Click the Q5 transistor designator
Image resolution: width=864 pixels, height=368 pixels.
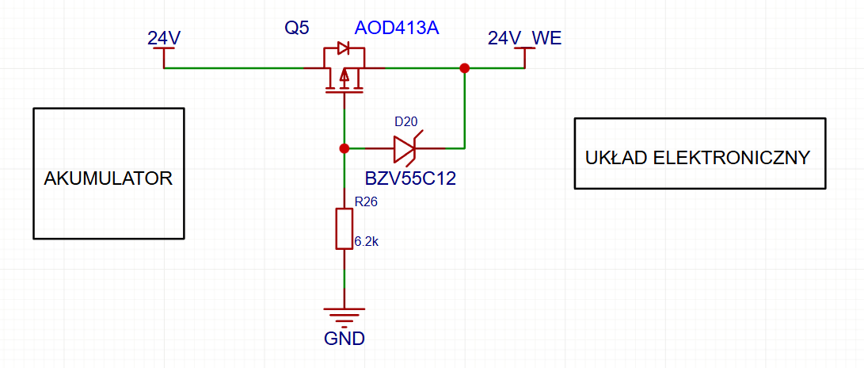point(296,29)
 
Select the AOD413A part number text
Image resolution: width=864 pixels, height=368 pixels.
point(396,28)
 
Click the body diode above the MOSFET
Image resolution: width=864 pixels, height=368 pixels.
point(343,48)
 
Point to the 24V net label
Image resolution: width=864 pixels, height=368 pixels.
point(164,38)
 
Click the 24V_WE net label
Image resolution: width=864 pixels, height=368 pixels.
point(524,38)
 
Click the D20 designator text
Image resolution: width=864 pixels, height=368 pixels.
point(405,121)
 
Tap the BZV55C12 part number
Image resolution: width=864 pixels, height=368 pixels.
point(410,178)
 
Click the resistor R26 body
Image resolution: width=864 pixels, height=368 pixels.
point(344,229)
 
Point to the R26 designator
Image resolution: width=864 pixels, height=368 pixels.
point(366,202)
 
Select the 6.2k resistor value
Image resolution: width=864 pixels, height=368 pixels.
point(367,241)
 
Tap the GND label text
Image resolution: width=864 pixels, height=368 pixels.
point(344,338)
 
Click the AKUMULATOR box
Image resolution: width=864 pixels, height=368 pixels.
point(108,173)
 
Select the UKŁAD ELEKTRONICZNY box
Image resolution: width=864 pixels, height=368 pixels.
point(700,153)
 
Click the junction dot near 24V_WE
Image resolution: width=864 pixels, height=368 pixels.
point(465,68)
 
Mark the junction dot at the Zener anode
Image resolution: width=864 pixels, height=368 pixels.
point(344,148)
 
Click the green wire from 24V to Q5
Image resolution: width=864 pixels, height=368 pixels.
point(233,68)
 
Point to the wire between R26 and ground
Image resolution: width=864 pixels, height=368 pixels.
point(344,278)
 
